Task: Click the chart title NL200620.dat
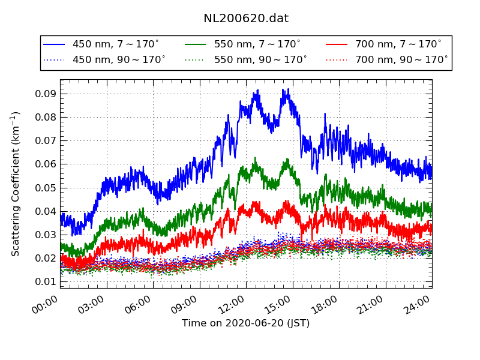pyautogui.click(x=246, y=19)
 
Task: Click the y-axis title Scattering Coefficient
pyautogui.click(x=16, y=184)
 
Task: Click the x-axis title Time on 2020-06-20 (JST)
pyautogui.click(x=246, y=323)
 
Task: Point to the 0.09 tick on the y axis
pyautogui.click(x=46, y=94)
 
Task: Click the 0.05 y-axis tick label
pyautogui.click(x=46, y=188)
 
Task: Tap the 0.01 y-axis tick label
pyautogui.click(x=46, y=282)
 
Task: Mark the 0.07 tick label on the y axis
pyautogui.click(x=46, y=141)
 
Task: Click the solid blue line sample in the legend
pyautogui.click(x=54, y=44)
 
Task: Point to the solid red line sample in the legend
pyautogui.click(x=337, y=44)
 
